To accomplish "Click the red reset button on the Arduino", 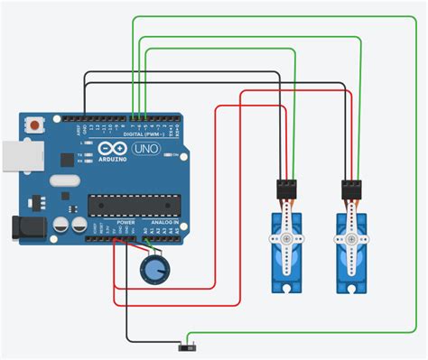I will click(35, 124).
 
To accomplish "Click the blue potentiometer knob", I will click(154, 268).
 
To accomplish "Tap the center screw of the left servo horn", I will click(286, 239).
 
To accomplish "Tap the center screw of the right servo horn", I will click(353, 239).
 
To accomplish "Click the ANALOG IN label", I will click(163, 222).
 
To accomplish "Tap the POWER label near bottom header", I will click(126, 222).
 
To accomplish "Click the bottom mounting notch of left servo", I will click(286, 289).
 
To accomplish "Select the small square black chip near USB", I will click(66, 160).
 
